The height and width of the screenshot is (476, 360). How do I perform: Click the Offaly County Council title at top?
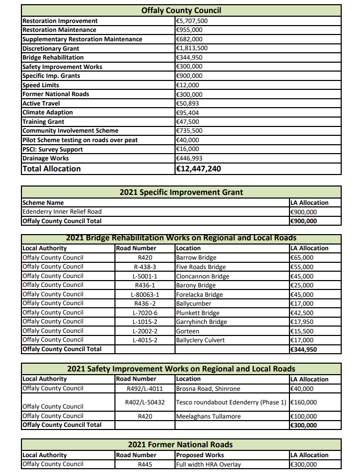pyautogui.click(x=181, y=10)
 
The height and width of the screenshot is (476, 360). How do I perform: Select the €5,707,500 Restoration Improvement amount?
pyautogui.click(x=192, y=21)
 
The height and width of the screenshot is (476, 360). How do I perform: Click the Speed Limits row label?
pyautogui.click(x=41, y=85)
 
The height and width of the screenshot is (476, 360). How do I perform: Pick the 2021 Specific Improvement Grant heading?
pyautogui.click(x=181, y=192)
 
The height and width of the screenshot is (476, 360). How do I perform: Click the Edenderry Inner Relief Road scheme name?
pyautogui.click(x=62, y=212)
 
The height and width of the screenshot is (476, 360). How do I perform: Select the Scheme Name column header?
pyautogui.click(x=43, y=203)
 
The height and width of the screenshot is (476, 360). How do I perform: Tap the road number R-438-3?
pyautogui.click(x=144, y=266)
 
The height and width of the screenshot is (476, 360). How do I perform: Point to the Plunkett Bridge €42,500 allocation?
pyautogui.click(x=301, y=312)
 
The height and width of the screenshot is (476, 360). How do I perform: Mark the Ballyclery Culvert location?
pyautogui.click(x=200, y=340)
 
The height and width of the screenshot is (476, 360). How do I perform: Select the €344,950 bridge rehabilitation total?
pyautogui.click(x=303, y=349)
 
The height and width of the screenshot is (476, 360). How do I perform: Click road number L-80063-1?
pyautogui.click(x=144, y=294)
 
